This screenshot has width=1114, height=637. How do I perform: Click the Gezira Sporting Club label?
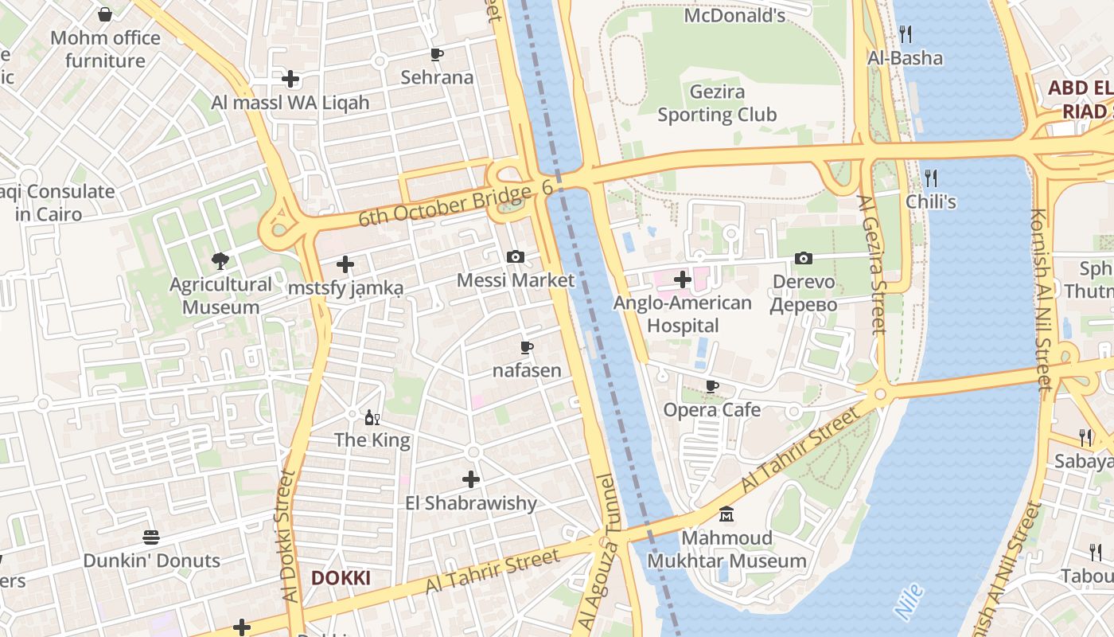point(717,104)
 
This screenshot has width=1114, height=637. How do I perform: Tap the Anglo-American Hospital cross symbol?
point(682,279)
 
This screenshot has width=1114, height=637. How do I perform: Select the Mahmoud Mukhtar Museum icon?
point(726,514)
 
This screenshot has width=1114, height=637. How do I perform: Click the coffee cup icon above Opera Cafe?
point(712,387)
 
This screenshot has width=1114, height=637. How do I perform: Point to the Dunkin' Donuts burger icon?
point(151,537)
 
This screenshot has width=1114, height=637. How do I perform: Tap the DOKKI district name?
point(341,578)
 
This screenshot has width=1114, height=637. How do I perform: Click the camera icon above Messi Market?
point(516,256)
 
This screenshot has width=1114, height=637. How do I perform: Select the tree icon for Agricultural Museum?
point(220,260)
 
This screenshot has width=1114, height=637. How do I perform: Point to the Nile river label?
point(910,601)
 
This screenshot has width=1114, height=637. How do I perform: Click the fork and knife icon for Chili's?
point(930,177)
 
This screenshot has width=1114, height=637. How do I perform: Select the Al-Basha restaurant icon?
point(905,33)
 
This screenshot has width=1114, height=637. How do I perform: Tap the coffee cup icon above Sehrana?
point(436,54)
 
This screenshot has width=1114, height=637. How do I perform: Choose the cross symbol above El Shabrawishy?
point(471,479)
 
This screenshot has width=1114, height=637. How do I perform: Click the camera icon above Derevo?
point(804,258)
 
